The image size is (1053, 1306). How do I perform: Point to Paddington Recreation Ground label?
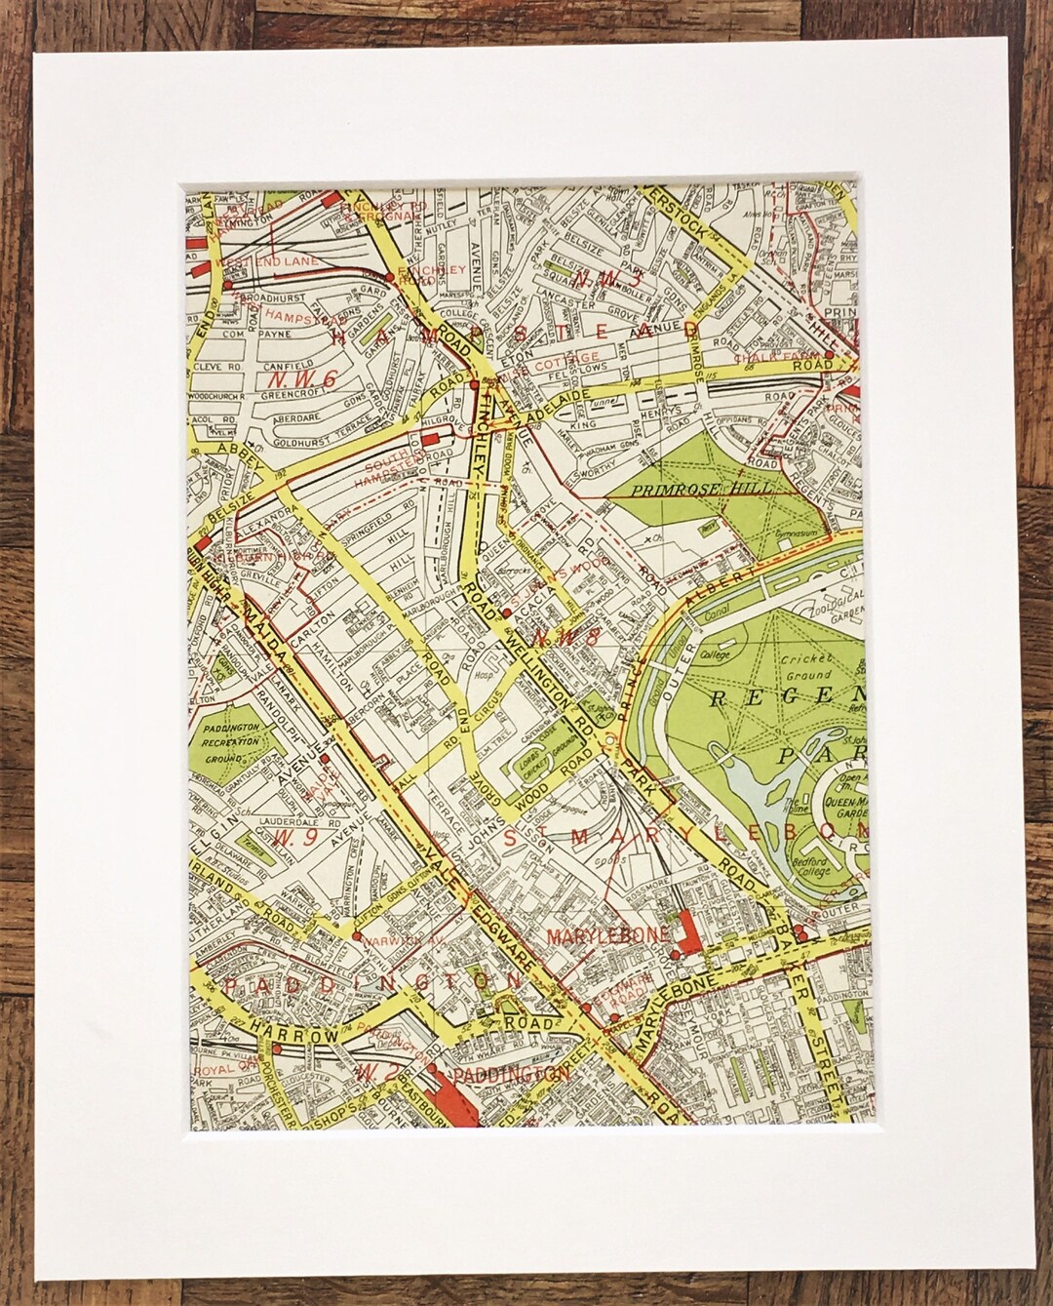(x=232, y=742)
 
